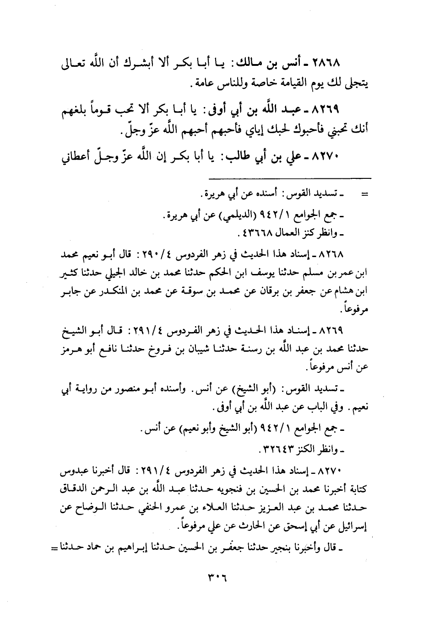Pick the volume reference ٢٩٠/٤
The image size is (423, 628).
coord(181,253)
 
